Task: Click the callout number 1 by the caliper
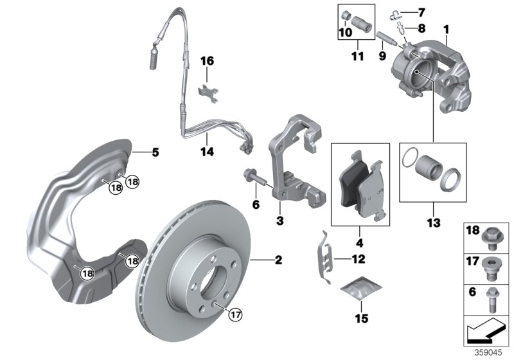coord(446,29)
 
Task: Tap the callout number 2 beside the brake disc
coord(278,260)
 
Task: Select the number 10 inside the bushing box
coord(344,32)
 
